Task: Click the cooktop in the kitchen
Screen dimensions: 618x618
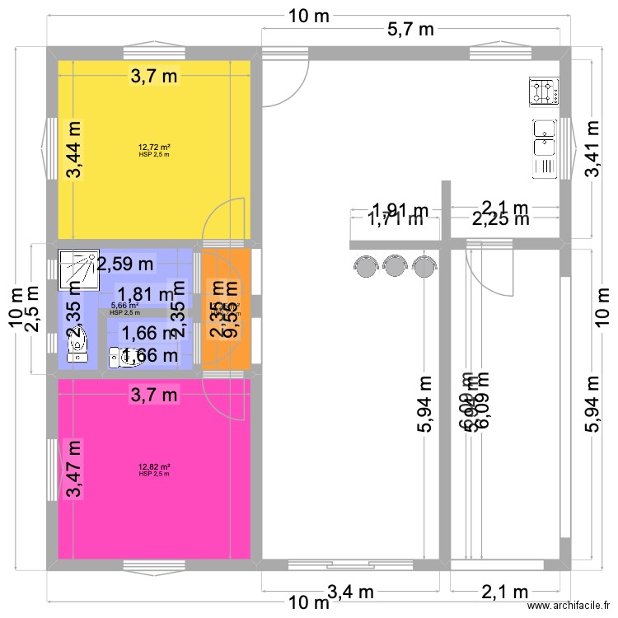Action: (544, 91)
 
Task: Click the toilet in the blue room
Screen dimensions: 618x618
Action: (124, 357)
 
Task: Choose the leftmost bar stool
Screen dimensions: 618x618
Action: (364, 265)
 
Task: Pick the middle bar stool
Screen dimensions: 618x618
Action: (395, 265)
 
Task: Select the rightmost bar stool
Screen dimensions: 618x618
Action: (424, 265)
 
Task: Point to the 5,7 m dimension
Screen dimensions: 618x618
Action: (410, 30)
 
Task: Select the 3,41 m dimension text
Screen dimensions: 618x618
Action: (592, 148)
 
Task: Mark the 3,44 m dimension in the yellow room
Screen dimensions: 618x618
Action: (75, 149)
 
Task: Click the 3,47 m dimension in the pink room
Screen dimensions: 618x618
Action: (75, 470)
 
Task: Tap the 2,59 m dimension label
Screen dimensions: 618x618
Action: (125, 265)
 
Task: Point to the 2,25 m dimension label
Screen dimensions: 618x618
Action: (500, 219)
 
